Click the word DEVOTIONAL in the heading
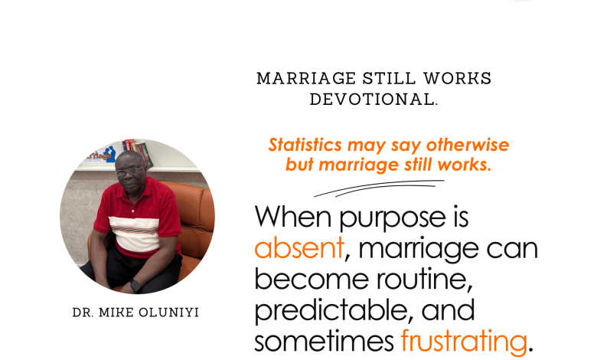coord(372,100)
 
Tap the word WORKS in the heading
coord(457,78)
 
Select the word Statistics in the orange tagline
coord(305,145)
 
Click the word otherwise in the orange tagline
coord(468,145)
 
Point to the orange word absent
coord(299,248)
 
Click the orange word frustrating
coord(464,341)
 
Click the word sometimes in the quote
coord(324,342)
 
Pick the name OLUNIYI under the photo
coord(168,313)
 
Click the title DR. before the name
coord(83,313)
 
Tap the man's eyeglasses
coord(129,172)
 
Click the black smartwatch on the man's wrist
coord(135,286)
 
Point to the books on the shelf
coord(138,152)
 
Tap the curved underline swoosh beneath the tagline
coord(379,188)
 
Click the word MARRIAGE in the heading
coord(306,78)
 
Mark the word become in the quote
coord(312,280)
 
